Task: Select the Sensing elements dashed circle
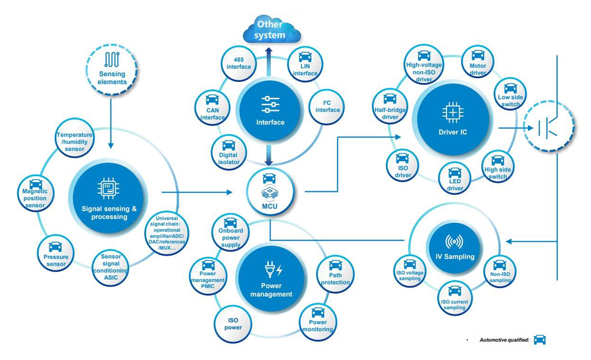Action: click(x=112, y=69)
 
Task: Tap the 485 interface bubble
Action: click(x=239, y=63)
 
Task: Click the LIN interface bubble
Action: click(x=305, y=64)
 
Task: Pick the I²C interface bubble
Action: click(x=327, y=107)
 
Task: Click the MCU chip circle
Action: click(x=270, y=192)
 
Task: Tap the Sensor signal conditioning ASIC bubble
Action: click(x=111, y=267)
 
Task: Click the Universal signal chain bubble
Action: click(x=167, y=233)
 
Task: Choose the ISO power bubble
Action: click(x=233, y=324)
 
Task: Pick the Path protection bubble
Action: click(x=335, y=274)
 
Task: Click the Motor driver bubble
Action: click(x=478, y=63)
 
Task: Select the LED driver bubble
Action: click(x=455, y=178)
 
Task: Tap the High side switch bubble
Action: click(x=498, y=168)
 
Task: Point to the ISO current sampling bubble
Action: click(x=455, y=298)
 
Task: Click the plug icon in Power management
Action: click(x=270, y=270)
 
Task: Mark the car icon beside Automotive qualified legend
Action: click(x=539, y=340)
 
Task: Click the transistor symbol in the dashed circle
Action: click(x=548, y=127)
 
